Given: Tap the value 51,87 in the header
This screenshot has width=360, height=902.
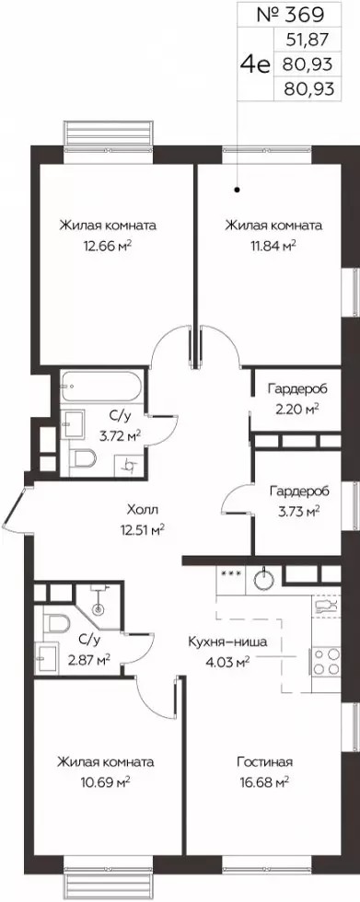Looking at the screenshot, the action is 308,40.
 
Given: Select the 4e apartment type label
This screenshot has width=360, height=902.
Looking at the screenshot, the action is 256,64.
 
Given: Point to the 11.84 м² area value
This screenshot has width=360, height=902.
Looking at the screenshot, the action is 273,246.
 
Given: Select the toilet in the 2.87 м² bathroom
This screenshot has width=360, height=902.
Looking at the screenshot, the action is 56,622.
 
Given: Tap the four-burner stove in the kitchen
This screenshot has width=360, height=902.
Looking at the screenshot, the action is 325,661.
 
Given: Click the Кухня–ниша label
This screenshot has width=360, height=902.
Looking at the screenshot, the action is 227,643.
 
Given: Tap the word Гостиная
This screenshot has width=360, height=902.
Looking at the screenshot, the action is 265,762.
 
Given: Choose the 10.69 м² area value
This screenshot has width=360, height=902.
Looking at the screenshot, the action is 105,782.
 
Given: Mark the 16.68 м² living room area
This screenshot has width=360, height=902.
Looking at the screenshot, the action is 264,782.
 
